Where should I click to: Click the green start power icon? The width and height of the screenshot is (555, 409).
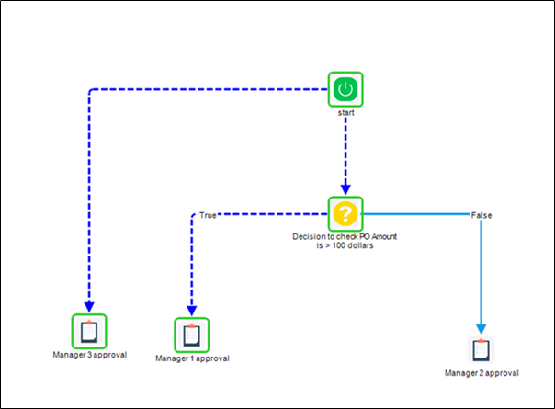pyautogui.click(x=345, y=89)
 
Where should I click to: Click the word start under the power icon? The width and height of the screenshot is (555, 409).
pyautogui.click(x=345, y=114)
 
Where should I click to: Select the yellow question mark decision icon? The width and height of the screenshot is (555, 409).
pyautogui.click(x=345, y=214)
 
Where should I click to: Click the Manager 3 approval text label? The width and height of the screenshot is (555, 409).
pyautogui.click(x=89, y=354)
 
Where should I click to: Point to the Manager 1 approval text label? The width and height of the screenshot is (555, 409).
pyautogui.click(x=192, y=358)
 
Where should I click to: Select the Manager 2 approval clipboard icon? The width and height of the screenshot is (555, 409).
pyautogui.click(x=481, y=350)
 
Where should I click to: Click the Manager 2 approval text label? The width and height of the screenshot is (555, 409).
pyautogui.click(x=481, y=373)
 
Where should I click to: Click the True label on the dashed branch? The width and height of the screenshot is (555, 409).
pyautogui.click(x=208, y=215)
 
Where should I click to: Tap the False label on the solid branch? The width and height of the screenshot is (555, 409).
pyautogui.click(x=481, y=215)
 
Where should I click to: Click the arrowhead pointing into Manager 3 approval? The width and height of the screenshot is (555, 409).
pyautogui.click(x=89, y=307)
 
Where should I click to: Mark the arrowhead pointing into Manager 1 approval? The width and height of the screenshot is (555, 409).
pyautogui.click(x=192, y=311)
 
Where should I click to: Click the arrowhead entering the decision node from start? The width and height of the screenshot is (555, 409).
pyautogui.click(x=345, y=189)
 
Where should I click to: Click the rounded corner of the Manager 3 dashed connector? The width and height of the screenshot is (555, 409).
pyautogui.click(x=91, y=91)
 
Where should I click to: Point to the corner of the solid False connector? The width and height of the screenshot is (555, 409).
pyautogui.click(x=480, y=216)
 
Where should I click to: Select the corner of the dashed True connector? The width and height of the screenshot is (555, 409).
pyautogui.click(x=193, y=216)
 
